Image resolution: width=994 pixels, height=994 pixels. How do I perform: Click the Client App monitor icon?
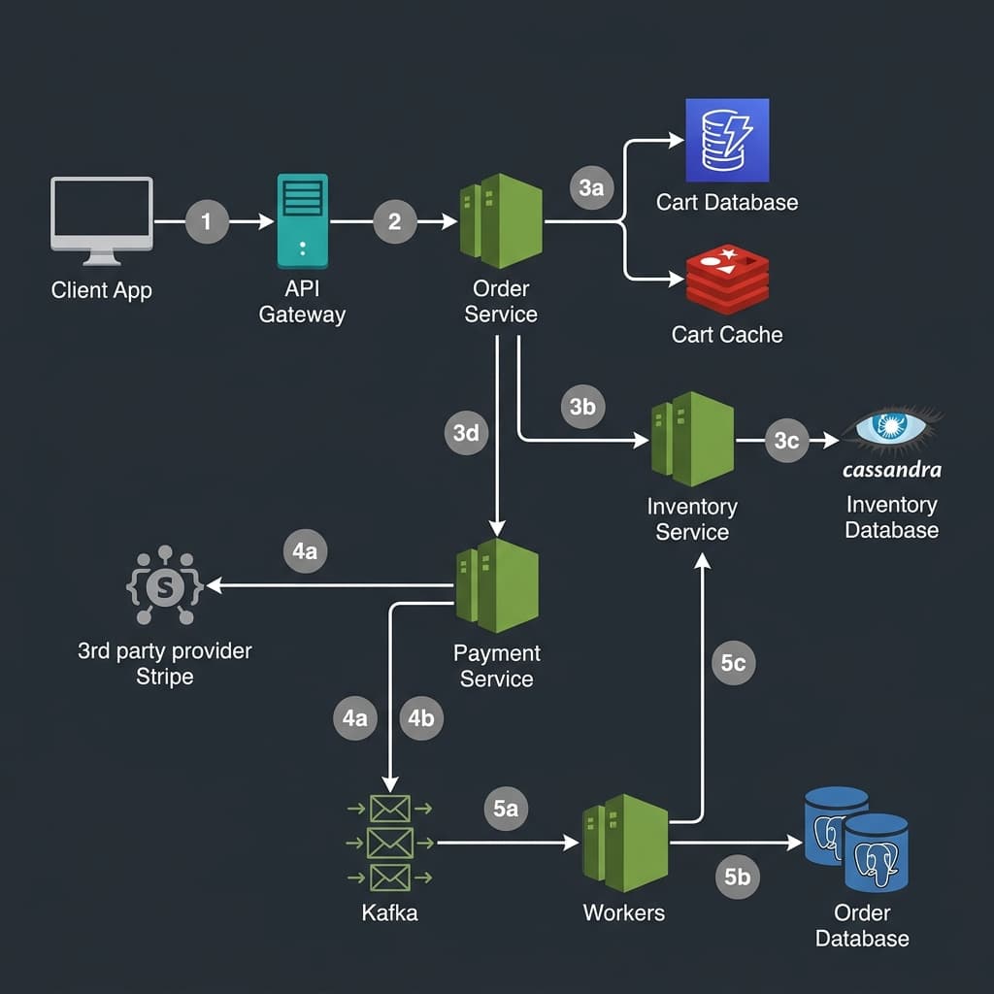(x=102, y=219)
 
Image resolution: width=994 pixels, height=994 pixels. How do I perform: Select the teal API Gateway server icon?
(x=302, y=220)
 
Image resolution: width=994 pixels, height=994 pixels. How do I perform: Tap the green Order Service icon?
(x=500, y=221)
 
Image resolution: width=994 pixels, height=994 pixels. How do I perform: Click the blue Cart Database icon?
(x=726, y=140)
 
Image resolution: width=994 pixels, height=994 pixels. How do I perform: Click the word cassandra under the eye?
(x=892, y=470)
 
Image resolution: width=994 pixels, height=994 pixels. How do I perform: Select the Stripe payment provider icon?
(x=164, y=586)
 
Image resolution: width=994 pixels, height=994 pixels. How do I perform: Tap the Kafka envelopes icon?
(x=389, y=843)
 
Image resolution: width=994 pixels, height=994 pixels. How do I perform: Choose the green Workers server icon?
(x=625, y=843)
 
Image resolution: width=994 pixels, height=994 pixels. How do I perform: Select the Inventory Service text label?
(x=692, y=519)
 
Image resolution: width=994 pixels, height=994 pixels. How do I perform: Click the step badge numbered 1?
(x=206, y=222)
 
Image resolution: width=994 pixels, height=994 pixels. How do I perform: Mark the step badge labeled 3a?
(x=591, y=187)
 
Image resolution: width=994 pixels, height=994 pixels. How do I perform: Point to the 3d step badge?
(x=467, y=433)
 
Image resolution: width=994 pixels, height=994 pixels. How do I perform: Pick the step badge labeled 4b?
(x=421, y=718)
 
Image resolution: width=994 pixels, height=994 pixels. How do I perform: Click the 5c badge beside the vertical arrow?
(x=733, y=664)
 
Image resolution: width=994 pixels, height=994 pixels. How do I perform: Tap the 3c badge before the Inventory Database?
(x=786, y=441)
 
